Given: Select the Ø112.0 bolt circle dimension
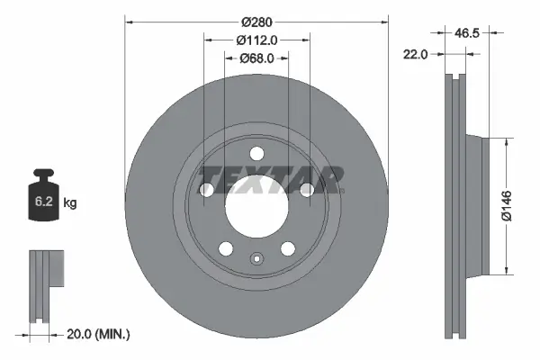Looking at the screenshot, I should point(256,40).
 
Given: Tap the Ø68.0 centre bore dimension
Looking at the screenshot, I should point(256,58).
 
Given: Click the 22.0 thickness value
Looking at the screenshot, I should point(416,55).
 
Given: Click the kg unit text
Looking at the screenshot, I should point(71,203).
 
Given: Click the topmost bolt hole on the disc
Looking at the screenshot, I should point(256,152).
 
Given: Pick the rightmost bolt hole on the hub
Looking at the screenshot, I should point(307,189).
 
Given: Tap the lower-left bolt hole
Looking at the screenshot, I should point(226,248).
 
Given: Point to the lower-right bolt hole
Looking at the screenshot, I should point(287,248).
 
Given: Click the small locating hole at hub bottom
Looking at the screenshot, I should point(256,263).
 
